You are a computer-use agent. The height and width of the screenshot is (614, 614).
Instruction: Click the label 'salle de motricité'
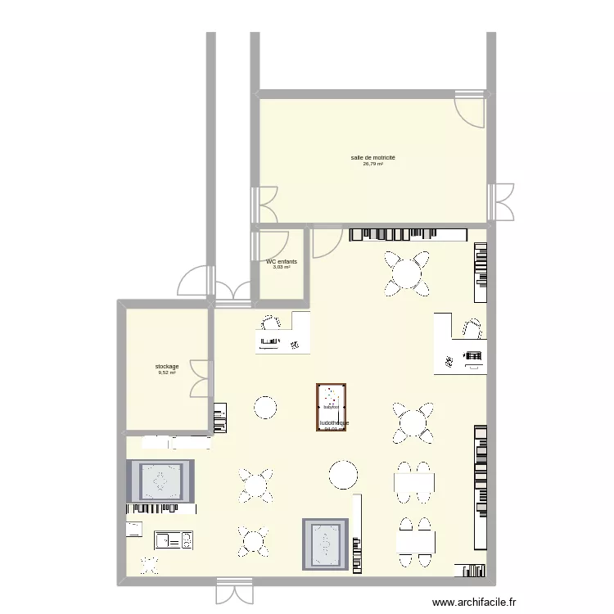pyautogui.click(x=372, y=157)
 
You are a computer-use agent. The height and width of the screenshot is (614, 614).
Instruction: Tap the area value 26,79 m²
pyautogui.click(x=372, y=164)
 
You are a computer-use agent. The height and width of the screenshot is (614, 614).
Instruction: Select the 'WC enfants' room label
pyautogui.click(x=282, y=261)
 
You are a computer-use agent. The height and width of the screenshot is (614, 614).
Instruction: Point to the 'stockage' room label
pyautogui.click(x=167, y=366)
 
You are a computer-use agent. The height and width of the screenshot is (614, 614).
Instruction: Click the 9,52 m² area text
pyautogui.click(x=167, y=372)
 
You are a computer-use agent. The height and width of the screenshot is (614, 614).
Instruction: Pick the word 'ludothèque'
pyautogui.click(x=334, y=422)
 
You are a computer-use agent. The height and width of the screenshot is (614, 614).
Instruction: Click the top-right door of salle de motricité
pyautogui.click(x=472, y=106)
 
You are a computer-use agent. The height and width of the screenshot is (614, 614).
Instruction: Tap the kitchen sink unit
pyautogui.click(x=174, y=540)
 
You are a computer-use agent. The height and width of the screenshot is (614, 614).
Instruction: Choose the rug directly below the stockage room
pyautogui.click(x=160, y=482)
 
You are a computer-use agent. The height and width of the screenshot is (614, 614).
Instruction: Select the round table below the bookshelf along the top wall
pyautogui.click(x=407, y=273)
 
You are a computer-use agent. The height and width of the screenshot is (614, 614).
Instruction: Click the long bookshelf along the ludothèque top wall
pyautogui.click(x=407, y=234)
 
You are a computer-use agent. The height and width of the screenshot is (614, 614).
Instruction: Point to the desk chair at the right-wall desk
pyautogui.click(x=472, y=327)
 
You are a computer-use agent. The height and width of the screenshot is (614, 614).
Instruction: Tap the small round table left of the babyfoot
pyautogui.click(x=265, y=407)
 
